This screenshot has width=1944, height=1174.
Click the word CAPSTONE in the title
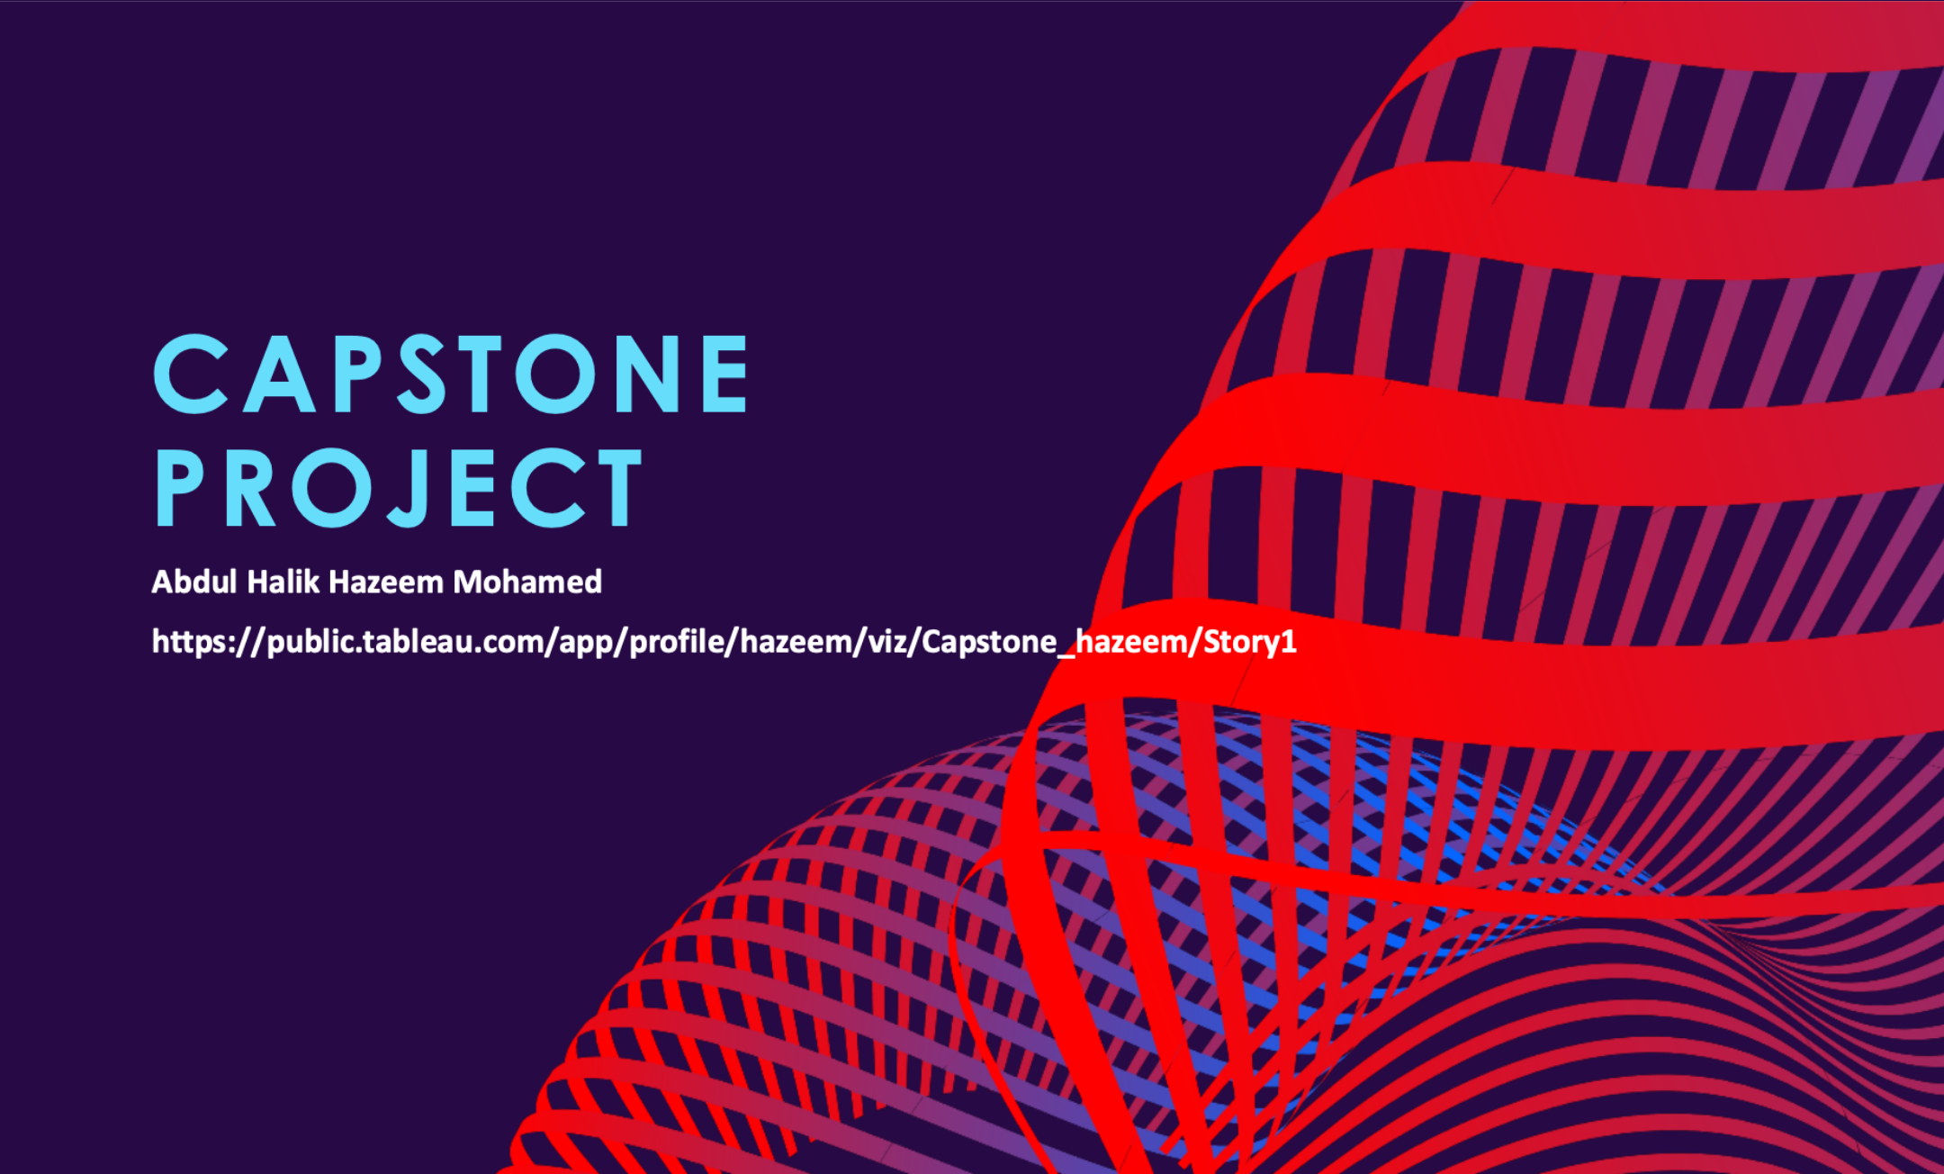[451, 374]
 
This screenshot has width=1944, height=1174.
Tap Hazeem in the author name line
[386, 582]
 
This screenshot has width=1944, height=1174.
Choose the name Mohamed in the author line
[527, 582]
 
